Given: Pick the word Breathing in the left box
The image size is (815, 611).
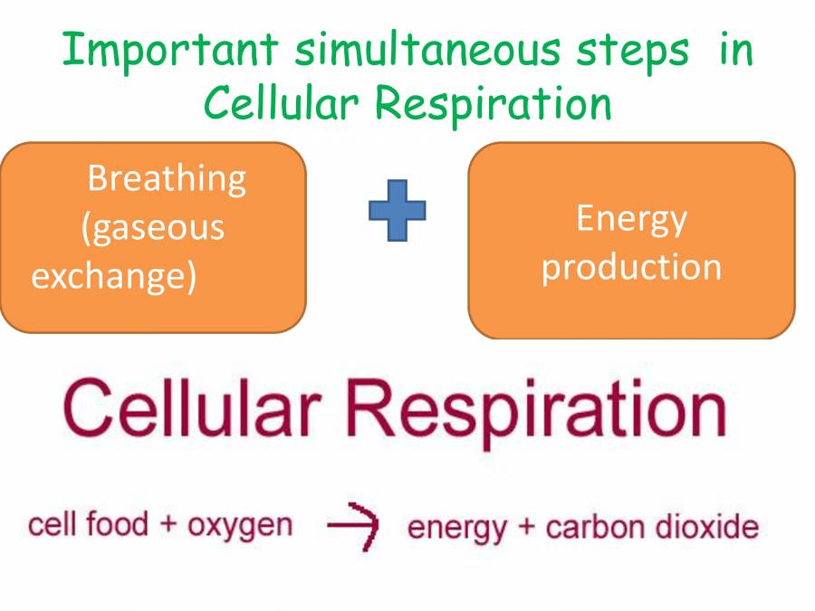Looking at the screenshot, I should tap(167, 178).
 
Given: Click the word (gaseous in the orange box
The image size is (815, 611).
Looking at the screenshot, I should tap(152, 226).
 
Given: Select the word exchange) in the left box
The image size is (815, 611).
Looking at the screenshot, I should tap(114, 275).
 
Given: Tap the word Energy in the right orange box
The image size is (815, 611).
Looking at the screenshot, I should tap(631, 219).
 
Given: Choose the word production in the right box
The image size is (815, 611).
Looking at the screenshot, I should tap(631, 267).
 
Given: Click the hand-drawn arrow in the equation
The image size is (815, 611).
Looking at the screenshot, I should tap(352, 527).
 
